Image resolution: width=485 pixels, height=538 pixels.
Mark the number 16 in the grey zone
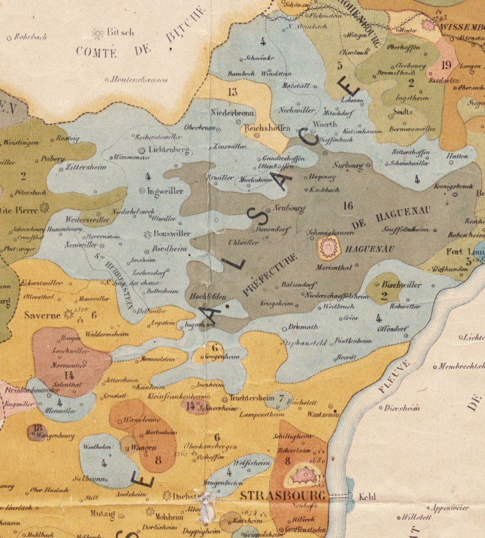pyautogui.click(x=347, y=205)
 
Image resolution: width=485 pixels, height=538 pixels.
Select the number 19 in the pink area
pyautogui.click(x=446, y=64)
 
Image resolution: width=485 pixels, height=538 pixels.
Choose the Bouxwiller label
pyautogui.click(x=172, y=234)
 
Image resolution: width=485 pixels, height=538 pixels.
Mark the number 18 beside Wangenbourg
pyautogui.click(x=37, y=428)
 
